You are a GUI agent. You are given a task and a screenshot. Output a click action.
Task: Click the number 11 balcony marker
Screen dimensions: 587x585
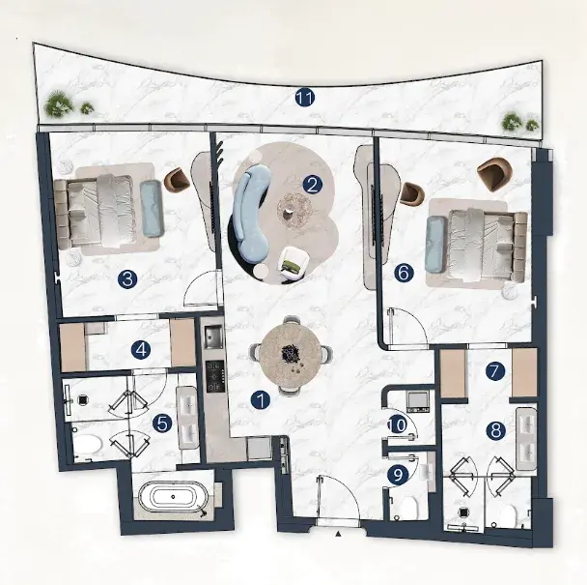tap(304, 98)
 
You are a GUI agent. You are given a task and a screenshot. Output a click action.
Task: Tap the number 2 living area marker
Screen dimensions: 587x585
tap(312, 185)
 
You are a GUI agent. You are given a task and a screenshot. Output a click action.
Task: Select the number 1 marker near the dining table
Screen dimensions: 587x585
tap(261, 399)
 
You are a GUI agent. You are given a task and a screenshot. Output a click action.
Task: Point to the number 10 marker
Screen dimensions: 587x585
tap(398, 424)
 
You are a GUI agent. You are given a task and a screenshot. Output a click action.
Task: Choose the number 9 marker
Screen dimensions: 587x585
tap(399, 475)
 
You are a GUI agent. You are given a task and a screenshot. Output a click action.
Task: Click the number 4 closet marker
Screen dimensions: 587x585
tap(141, 350)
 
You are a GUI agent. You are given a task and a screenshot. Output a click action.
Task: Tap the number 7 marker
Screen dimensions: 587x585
tap(495, 371)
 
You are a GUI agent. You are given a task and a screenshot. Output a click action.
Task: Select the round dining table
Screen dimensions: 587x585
tap(291, 354)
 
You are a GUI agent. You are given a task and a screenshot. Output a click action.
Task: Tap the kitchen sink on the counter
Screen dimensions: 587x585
tap(213, 336)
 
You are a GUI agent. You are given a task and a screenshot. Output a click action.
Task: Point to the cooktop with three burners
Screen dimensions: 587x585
tap(215, 376)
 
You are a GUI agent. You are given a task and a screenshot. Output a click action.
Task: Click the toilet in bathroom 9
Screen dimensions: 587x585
tap(407, 508)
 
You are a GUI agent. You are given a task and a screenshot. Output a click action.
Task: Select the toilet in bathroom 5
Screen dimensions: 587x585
tap(87, 445)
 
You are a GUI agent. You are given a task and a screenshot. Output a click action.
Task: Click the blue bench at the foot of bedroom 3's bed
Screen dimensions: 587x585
tap(152, 209)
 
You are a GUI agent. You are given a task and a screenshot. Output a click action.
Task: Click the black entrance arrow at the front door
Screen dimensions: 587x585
tap(338, 533)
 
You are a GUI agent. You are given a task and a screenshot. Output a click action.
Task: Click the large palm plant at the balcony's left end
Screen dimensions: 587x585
tap(59, 102)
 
